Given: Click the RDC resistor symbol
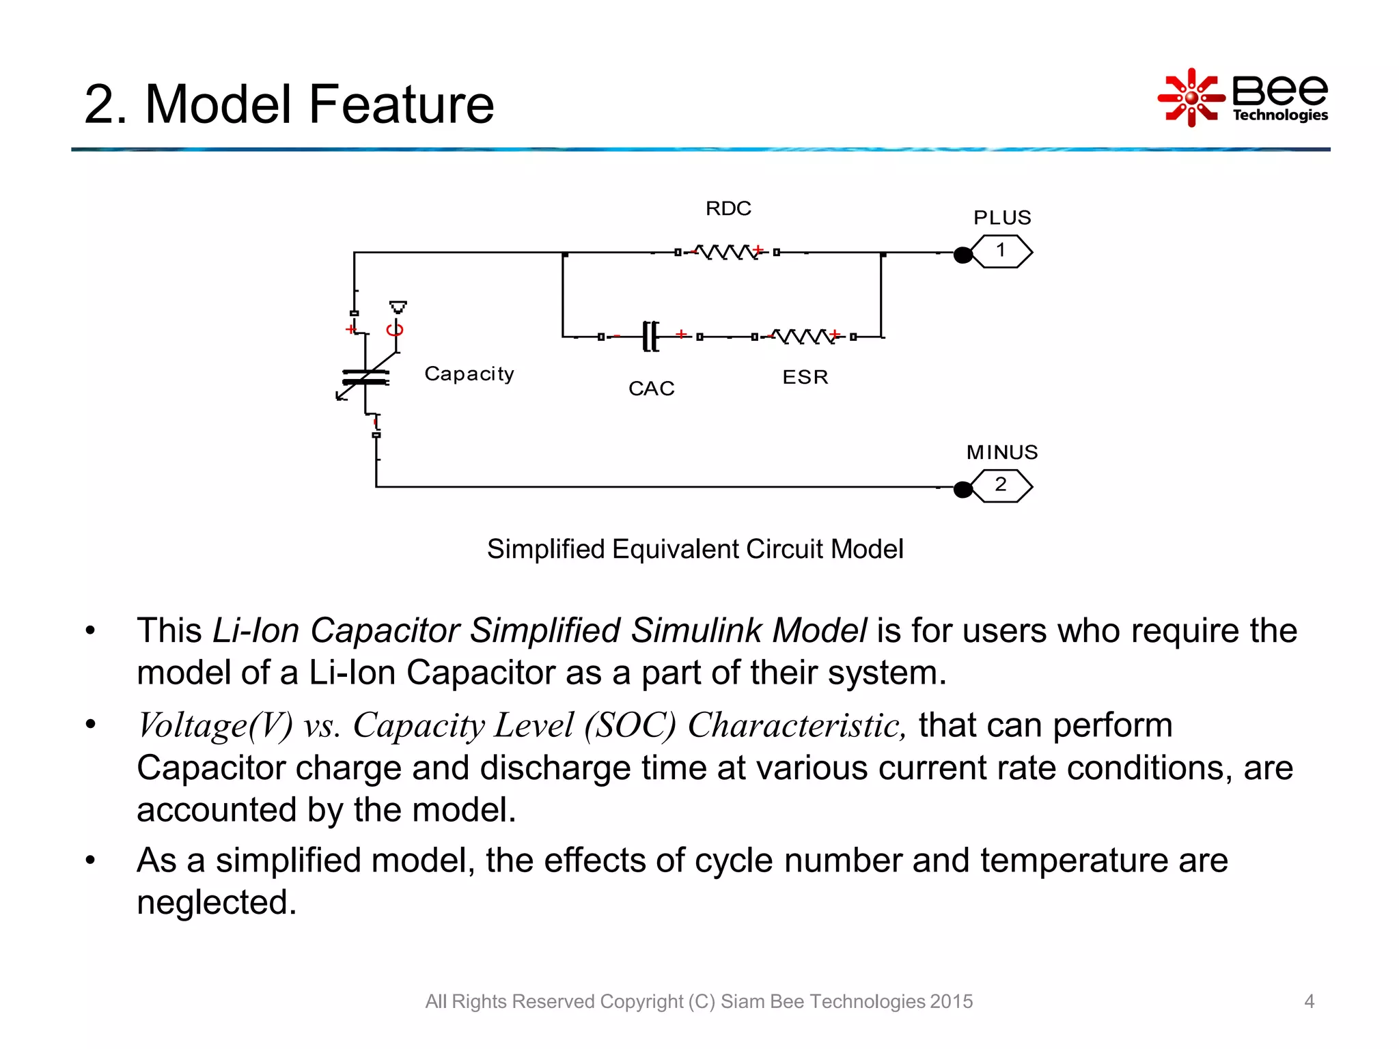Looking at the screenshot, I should [727, 252].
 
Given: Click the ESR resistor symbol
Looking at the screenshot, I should [804, 336].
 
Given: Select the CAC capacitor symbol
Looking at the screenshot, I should [651, 336].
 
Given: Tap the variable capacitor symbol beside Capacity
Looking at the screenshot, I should [365, 377].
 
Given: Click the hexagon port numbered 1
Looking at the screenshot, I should [1001, 251].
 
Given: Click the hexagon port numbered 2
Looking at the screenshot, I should [1001, 486].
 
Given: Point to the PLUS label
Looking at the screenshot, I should [1001, 218].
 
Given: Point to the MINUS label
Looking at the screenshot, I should [1001, 452].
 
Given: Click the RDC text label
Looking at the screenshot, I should [728, 208].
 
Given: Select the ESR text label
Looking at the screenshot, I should [805, 377].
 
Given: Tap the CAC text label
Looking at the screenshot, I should [651, 389].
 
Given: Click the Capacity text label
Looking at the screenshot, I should [469, 374].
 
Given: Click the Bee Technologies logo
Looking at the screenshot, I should [1243, 98].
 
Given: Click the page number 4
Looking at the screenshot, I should [1309, 1001].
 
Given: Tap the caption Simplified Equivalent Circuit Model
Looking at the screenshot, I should [695, 549].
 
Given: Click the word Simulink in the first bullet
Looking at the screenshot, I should [698, 630].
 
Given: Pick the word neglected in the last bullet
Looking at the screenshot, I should [217, 902].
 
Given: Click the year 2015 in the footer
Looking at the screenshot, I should [951, 1001].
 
